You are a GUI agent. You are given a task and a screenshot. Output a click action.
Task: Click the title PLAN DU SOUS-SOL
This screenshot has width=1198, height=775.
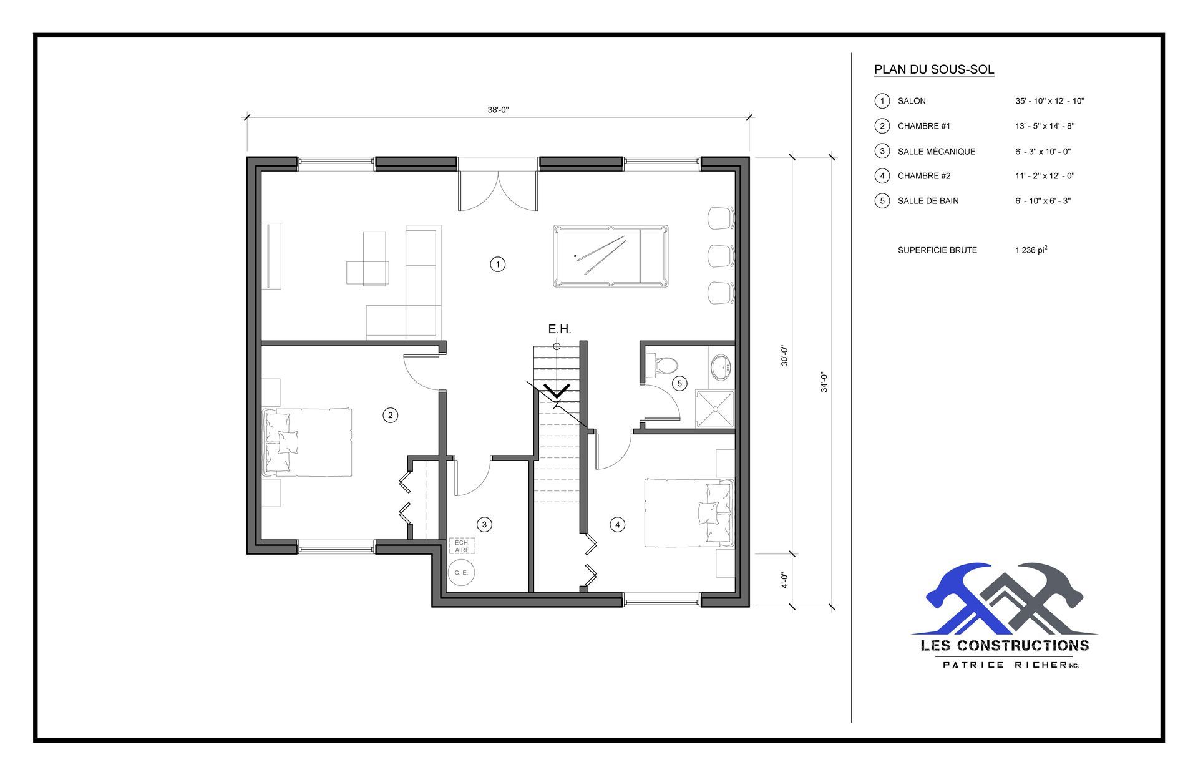click(x=933, y=69)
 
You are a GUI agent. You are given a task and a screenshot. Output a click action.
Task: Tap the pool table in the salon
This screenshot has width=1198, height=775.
click(x=610, y=256)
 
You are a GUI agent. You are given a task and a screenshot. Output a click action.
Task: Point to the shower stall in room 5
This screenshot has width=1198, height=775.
click(x=715, y=409)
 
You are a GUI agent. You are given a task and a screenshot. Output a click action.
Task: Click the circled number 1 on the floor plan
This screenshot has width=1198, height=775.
click(x=497, y=265)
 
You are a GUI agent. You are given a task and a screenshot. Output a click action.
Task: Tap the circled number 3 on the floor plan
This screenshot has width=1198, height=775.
click(x=484, y=525)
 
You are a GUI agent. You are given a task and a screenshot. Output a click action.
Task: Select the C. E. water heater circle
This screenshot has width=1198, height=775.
click(x=461, y=572)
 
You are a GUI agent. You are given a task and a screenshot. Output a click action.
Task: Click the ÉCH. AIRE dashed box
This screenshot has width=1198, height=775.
click(x=462, y=547)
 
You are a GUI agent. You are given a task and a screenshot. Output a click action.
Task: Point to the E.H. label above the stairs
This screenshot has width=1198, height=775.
click(x=559, y=329)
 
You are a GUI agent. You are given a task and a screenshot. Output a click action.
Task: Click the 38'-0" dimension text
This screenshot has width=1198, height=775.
click(x=498, y=110)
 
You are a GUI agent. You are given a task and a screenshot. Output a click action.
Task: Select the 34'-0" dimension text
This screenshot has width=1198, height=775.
click(x=824, y=382)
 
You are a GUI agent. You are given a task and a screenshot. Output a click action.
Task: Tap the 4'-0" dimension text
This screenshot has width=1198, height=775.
click(x=784, y=580)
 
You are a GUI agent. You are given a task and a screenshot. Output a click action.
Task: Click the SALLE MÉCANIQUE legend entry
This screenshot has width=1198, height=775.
click(x=936, y=151)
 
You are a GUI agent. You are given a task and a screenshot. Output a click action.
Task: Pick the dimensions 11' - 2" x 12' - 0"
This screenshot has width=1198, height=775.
click(x=1045, y=176)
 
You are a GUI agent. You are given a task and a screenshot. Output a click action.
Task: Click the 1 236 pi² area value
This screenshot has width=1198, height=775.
click(x=1031, y=250)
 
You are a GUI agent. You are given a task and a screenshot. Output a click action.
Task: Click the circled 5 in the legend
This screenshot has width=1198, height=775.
click(x=882, y=201)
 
